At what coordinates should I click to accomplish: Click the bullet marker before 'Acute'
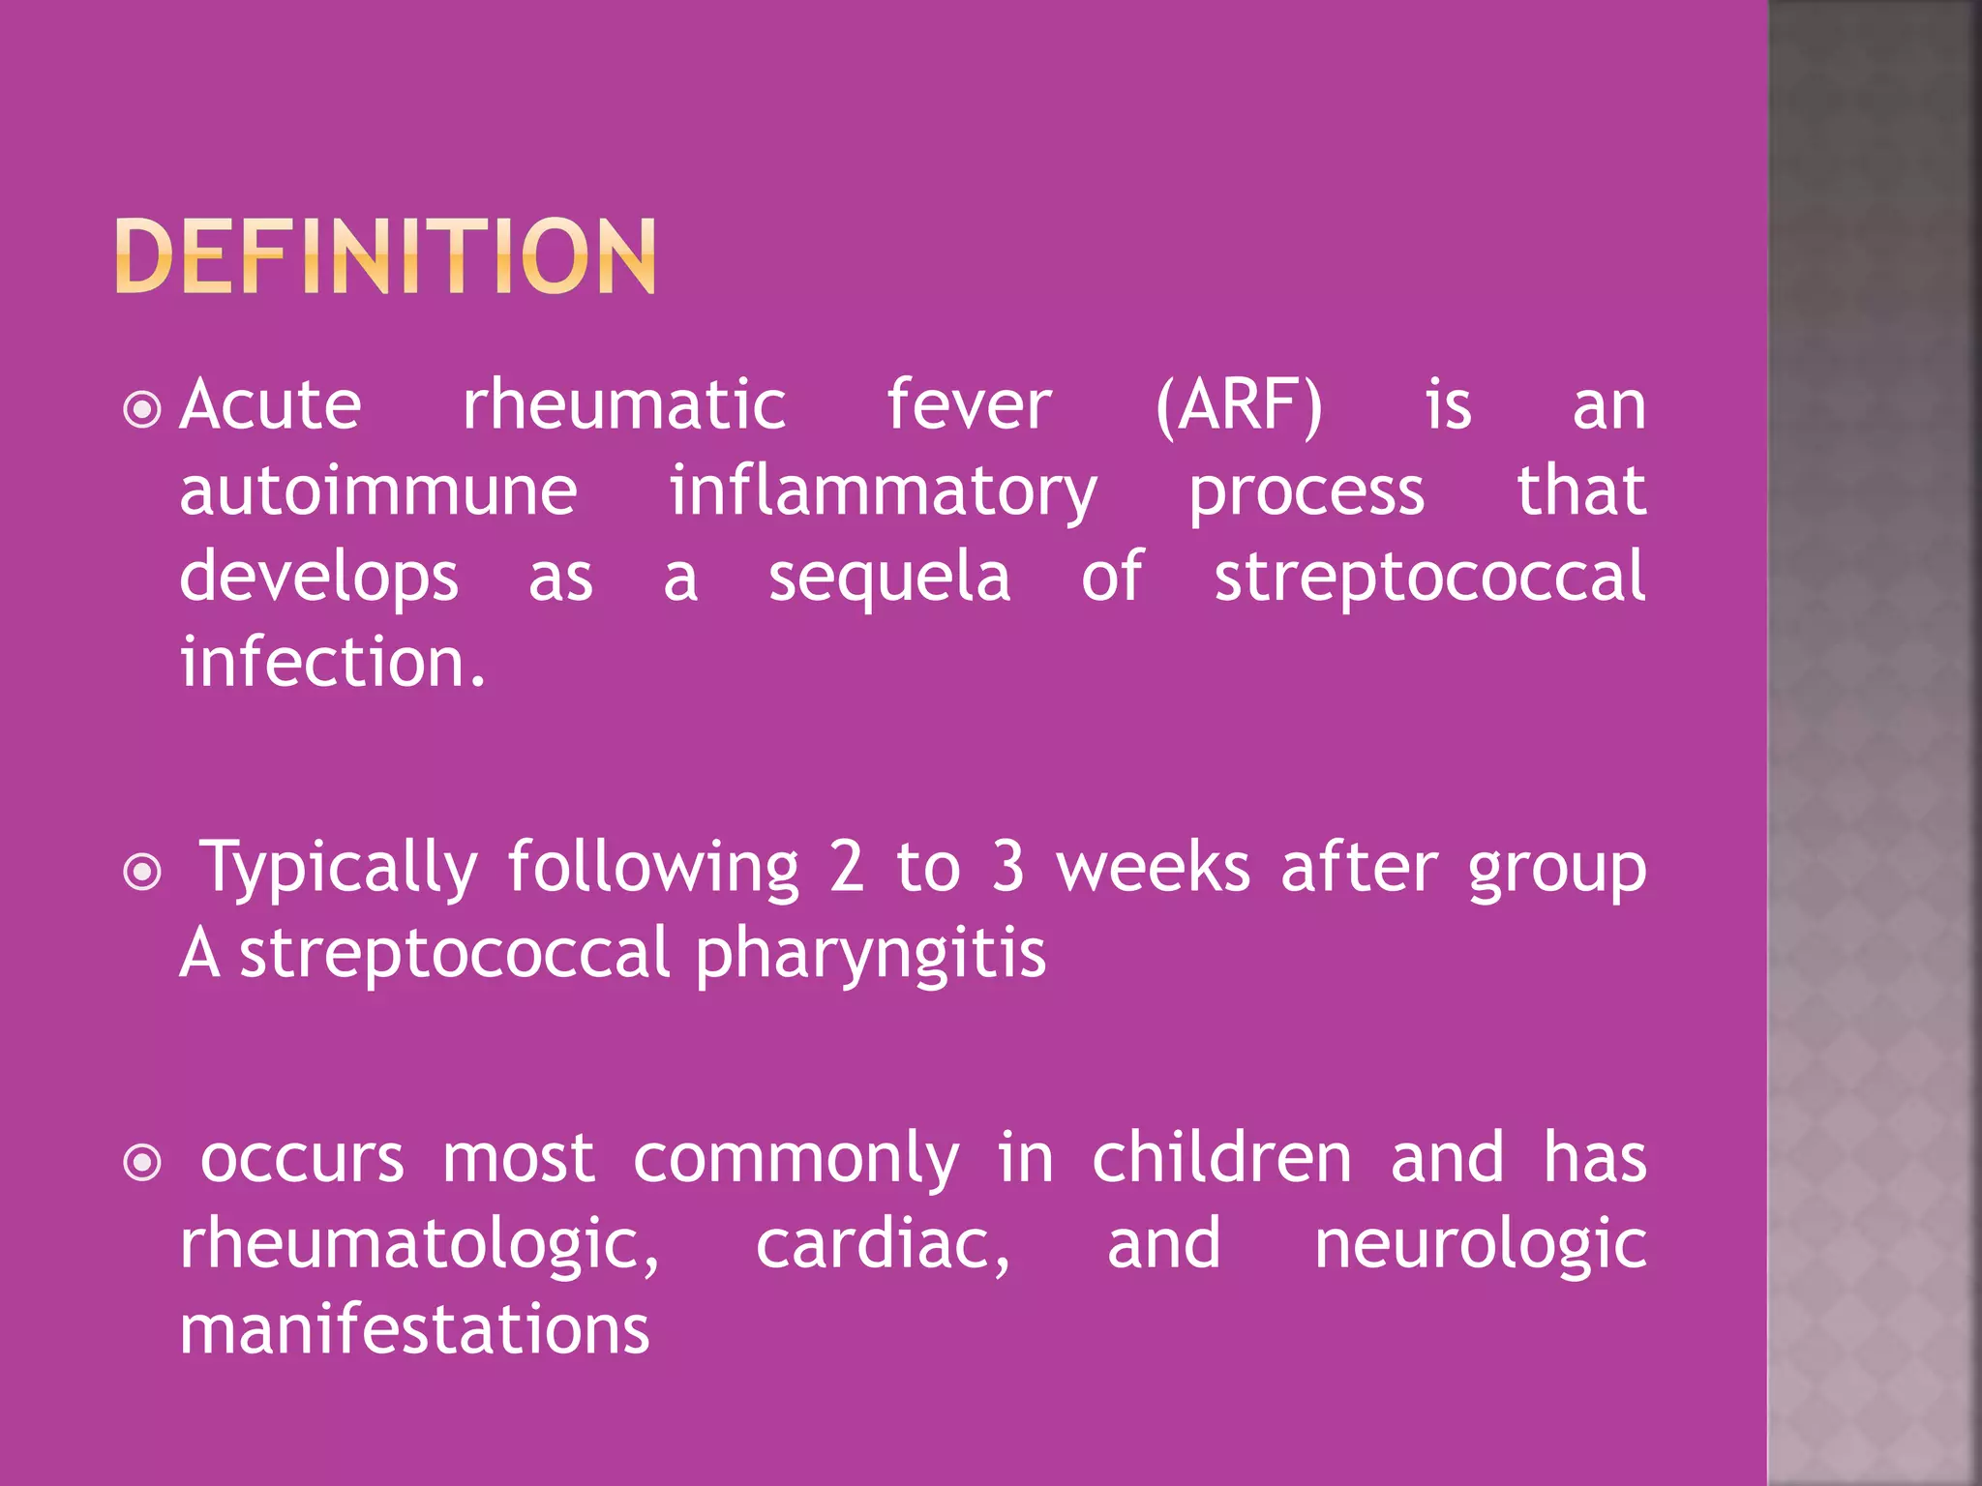point(143,409)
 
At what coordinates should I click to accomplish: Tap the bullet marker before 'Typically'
point(143,873)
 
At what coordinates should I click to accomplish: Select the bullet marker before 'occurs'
point(143,1163)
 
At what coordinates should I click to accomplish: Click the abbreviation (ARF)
point(1239,406)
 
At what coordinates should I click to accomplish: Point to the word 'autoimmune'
point(378,491)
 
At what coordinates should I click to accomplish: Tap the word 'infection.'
point(333,663)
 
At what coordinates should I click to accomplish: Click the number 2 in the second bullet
point(846,867)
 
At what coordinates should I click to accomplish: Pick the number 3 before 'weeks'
point(1007,867)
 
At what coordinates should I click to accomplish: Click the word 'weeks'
point(1153,867)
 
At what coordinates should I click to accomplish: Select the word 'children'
point(1221,1158)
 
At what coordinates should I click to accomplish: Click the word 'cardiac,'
point(883,1245)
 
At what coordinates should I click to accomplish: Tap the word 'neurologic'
point(1480,1245)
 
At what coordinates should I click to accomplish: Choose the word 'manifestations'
point(414,1329)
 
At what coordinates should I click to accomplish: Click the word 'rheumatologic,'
point(420,1245)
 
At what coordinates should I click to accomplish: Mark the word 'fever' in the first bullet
point(969,406)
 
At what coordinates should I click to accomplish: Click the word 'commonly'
point(796,1160)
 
